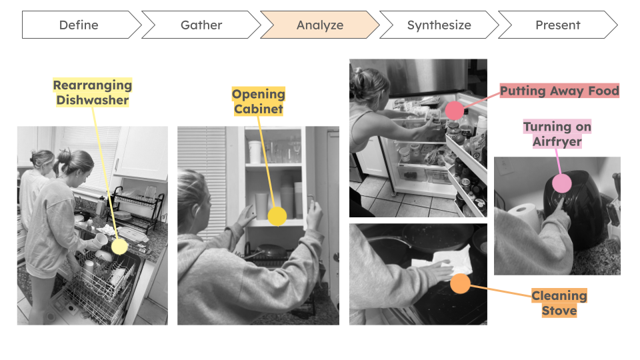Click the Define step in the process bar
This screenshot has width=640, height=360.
(x=79, y=25)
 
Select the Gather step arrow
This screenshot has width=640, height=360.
(x=201, y=25)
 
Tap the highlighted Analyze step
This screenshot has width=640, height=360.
(x=320, y=25)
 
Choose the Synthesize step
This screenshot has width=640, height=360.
(x=439, y=25)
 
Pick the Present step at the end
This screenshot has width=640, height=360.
(x=557, y=25)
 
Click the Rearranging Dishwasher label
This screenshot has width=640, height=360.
(x=93, y=93)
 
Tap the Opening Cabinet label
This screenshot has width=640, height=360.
(x=259, y=101)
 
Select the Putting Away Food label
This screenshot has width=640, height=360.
(x=559, y=91)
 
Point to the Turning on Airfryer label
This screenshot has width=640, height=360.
(x=557, y=134)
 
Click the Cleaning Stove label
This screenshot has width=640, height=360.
(x=559, y=303)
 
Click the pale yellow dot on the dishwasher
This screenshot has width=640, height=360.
(x=119, y=246)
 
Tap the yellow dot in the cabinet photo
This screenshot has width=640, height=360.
(x=277, y=216)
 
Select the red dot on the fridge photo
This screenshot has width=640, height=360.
(x=455, y=111)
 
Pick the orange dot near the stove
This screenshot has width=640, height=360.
(x=460, y=284)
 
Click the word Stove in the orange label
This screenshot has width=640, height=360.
(x=559, y=310)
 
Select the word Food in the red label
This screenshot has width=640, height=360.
(x=602, y=91)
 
